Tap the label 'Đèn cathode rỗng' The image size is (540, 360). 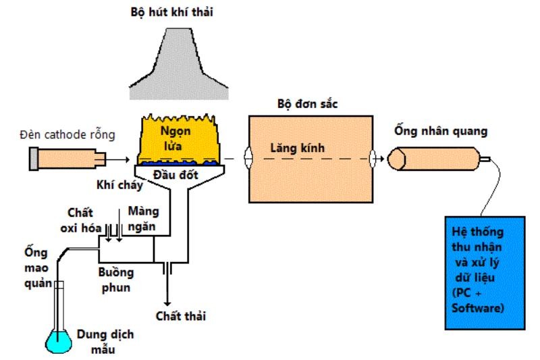click(x=67, y=134)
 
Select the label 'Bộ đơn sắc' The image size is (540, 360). click(x=307, y=105)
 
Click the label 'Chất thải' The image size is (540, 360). click(x=180, y=316)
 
